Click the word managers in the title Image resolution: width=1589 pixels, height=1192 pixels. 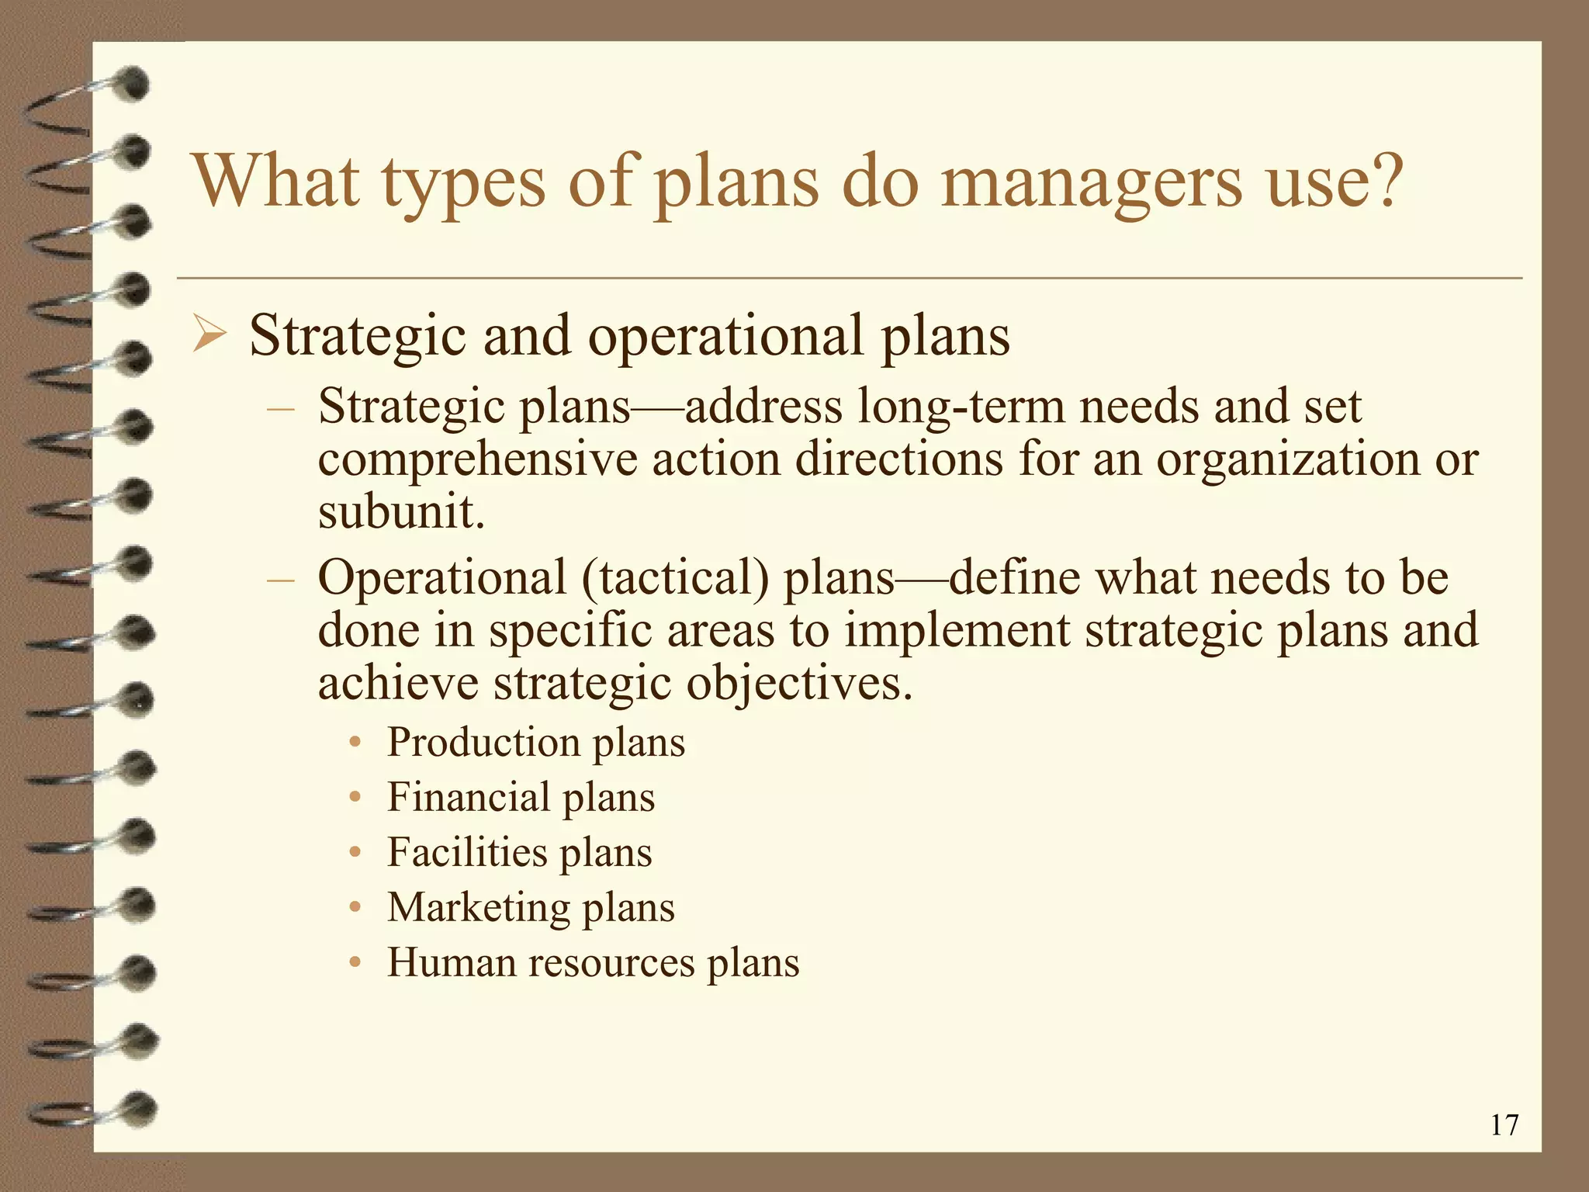coord(1091,183)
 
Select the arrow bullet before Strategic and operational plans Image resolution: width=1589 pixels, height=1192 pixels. coord(209,337)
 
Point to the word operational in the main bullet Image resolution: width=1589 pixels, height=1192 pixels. coord(725,337)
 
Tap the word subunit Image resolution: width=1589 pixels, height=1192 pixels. coord(400,512)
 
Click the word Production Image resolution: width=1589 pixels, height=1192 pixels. coord(483,742)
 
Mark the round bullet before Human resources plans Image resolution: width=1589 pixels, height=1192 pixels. coord(355,963)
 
